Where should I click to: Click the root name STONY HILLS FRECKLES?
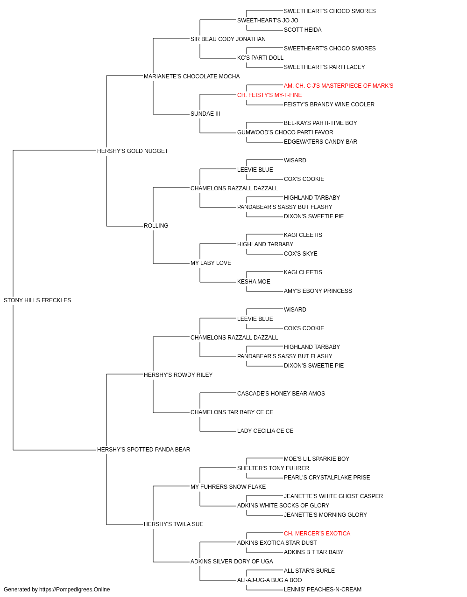click(x=37, y=300)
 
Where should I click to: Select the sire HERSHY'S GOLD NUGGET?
click(x=133, y=151)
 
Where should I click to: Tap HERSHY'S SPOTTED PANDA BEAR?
click(x=143, y=450)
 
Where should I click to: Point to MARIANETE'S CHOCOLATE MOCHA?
click(x=191, y=76)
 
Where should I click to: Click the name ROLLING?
click(x=156, y=226)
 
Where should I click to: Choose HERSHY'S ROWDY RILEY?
click(x=178, y=375)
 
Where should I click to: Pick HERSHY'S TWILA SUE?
click(x=174, y=524)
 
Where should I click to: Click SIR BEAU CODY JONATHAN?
click(x=228, y=39)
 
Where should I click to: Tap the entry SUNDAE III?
click(x=205, y=114)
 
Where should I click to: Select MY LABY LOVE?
click(x=211, y=263)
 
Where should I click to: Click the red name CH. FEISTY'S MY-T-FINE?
click(x=269, y=95)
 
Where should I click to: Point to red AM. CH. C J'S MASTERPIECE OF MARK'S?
click(x=339, y=86)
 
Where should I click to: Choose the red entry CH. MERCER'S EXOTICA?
click(x=317, y=534)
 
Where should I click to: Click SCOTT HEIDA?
click(x=303, y=30)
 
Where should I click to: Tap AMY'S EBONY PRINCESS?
click(x=318, y=291)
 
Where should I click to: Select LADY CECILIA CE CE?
click(x=265, y=431)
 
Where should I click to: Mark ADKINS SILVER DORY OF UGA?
click(x=232, y=562)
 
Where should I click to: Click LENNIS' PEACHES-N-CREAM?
click(x=323, y=590)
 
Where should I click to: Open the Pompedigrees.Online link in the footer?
click(x=75, y=590)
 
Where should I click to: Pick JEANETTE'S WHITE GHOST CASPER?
click(x=333, y=496)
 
